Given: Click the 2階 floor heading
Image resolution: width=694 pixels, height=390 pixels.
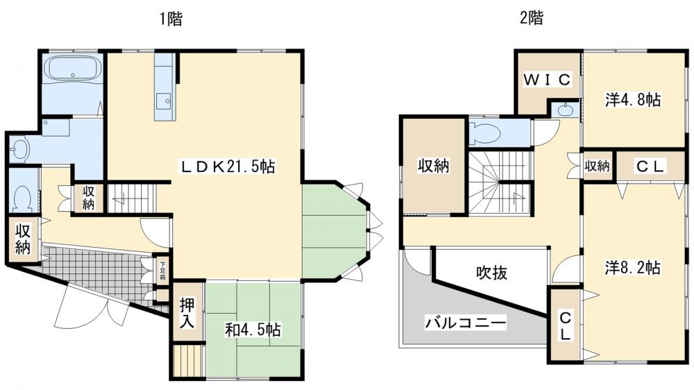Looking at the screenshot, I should [x=531, y=19].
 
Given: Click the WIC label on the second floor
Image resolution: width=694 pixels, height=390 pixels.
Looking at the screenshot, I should [x=547, y=80].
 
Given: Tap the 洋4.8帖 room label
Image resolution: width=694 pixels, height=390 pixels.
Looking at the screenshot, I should [x=632, y=100].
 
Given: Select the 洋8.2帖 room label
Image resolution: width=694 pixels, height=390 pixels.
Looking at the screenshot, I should [x=632, y=267].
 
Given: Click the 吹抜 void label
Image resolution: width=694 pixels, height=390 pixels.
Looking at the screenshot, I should [x=491, y=273].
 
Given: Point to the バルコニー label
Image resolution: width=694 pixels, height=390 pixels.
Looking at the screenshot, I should [x=466, y=323].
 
